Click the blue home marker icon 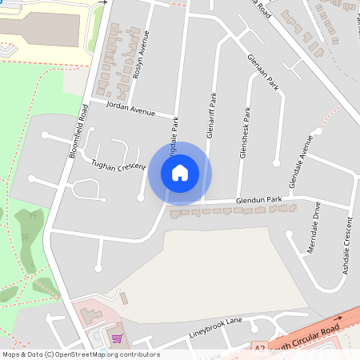point(180,173)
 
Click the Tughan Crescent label point(118,166)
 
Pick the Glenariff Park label point(211,117)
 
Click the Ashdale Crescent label point(347,247)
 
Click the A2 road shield point(259,350)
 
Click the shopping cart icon point(117,338)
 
